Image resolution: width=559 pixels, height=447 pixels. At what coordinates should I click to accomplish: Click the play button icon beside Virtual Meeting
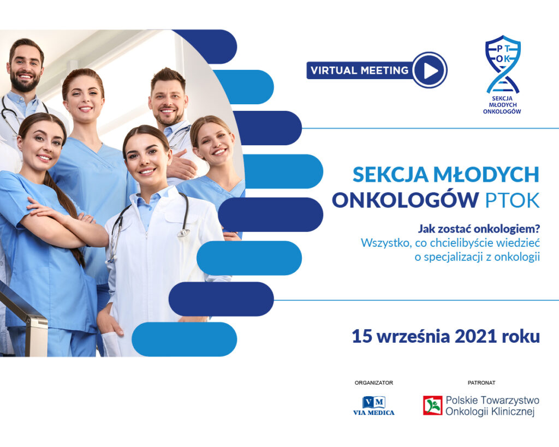point(430,70)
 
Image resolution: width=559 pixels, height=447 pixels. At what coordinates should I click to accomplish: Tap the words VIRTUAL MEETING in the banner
point(359,70)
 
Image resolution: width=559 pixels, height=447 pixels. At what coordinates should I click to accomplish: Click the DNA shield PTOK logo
point(502,74)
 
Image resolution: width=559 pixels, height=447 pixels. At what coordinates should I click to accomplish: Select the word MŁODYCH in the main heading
point(486,174)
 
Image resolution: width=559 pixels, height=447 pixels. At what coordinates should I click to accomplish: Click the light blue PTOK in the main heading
point(512,200)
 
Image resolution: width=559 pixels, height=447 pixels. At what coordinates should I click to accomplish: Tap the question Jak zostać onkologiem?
point(479,229)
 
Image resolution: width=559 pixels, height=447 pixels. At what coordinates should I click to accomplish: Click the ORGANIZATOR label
point(373,383)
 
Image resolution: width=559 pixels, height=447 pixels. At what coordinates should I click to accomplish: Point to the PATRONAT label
point(481,383)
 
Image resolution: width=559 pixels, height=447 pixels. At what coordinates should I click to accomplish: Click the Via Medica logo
point(373,406)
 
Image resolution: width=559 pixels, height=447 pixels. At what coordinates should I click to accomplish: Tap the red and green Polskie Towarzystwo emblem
point(432,406)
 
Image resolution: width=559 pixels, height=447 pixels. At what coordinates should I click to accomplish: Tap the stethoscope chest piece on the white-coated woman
point(183,233)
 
